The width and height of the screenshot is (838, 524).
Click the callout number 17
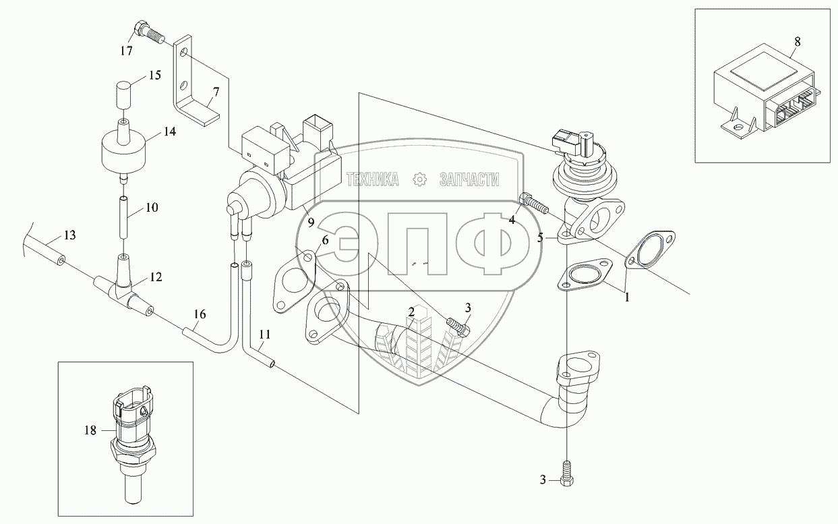click(126, 51)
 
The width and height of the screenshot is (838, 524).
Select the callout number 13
click(70, 235)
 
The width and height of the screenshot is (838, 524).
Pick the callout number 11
click(264, 334)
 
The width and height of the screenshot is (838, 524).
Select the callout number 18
click(90, 430)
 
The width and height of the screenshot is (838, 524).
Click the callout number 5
click(540, 237)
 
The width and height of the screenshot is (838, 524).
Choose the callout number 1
click(626, 295)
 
